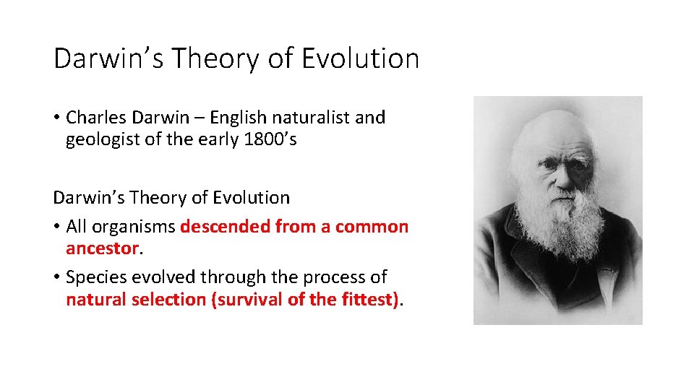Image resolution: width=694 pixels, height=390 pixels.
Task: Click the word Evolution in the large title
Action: (x=359, y=58)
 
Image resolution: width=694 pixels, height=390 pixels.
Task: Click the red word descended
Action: (x=224, y=227)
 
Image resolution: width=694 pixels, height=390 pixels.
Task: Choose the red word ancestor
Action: (x=101, y=249)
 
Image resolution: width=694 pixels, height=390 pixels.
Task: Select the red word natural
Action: (x=96, y=300)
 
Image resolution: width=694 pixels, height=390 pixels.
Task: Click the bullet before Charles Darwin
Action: (x=56, y=118)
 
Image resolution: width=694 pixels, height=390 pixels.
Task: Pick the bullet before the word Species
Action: (x=56, y=278)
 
